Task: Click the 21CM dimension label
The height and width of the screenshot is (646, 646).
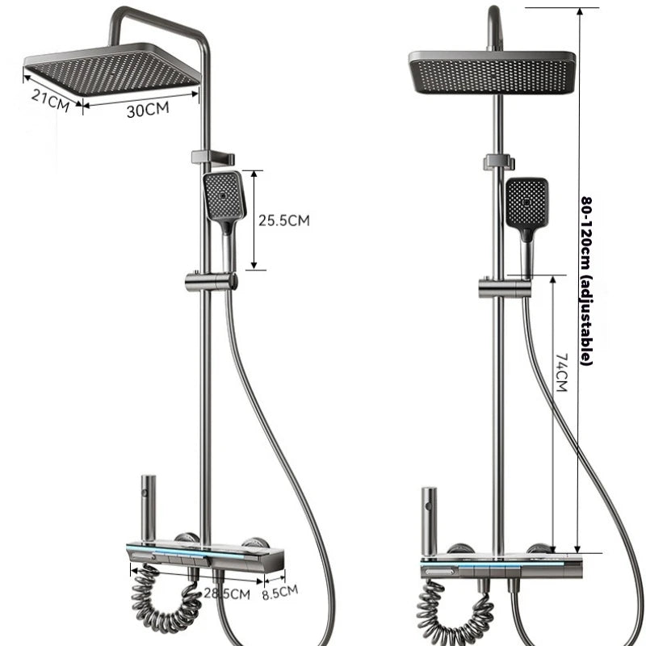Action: pos(50,100)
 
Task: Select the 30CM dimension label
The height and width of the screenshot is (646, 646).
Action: pos(148,110)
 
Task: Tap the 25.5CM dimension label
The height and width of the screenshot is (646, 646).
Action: pos(284,220)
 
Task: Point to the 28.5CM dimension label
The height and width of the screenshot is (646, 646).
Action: pos(227,594)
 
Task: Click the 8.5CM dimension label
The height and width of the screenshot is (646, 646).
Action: pos(280,592)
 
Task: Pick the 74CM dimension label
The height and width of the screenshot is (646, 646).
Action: pos(561,372)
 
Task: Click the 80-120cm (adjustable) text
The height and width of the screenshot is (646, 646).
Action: pos(586,280)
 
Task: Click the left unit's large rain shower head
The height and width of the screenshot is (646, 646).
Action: pos(112,70)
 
